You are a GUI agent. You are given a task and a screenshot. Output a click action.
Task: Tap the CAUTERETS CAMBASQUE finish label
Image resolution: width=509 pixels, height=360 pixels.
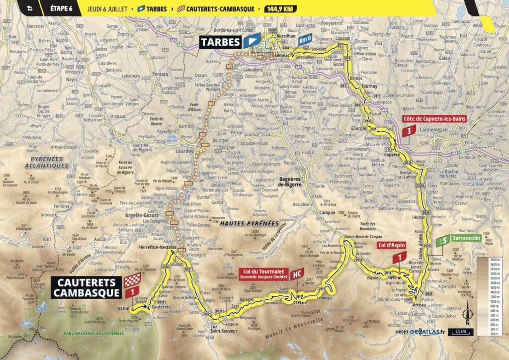pos(85,287)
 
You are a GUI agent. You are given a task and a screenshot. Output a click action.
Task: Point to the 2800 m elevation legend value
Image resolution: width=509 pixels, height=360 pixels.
pos(494,260)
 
